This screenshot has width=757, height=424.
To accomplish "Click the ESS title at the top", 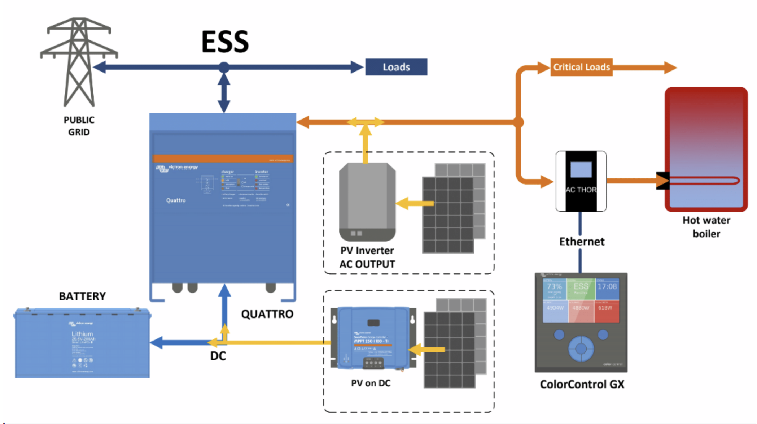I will point(225,42).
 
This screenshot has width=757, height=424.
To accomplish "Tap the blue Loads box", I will point(396,67).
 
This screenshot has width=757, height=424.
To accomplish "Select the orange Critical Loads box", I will point(581,67).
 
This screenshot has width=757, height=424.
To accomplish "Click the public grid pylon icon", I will point(79,61).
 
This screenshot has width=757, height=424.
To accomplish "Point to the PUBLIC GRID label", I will point(79,126).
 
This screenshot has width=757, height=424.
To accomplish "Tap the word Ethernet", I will point(582,242).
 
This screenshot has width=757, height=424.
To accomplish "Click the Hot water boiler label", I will point(706,227).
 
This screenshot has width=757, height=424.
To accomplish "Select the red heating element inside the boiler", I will point(704,180).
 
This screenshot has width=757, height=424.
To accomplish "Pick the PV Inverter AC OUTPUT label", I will point(367,257).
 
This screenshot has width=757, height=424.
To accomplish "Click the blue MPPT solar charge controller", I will point(373,338).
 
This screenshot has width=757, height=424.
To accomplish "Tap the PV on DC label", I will point(371,383).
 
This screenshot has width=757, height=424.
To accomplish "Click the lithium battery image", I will point(82,343).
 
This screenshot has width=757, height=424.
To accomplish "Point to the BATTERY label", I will point(82,297).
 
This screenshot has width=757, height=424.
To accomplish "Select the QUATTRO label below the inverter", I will point(267,314).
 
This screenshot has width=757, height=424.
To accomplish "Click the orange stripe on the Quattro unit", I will point(223,159).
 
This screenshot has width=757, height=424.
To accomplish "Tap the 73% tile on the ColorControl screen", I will point(554,289).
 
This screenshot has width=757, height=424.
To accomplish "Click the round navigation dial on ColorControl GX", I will point(581,349).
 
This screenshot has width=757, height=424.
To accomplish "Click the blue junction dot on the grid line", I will point(224,67).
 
